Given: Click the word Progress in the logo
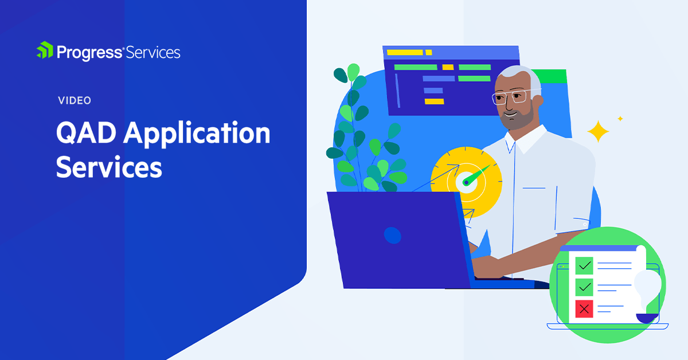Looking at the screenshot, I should tap(89, 53).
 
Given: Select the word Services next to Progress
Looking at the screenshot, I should tap(153, 53).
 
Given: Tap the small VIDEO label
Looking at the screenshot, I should tap(75, 101).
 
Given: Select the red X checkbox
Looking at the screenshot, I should tap(584, 309).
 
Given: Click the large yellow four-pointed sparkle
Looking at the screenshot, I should tap(598, 132).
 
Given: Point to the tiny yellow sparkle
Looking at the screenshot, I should tap(620, 119).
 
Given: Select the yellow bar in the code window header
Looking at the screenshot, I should tap(405, 53).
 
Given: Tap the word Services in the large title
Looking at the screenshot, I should tap(109, 169).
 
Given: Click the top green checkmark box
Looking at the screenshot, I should tap(584, 265).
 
